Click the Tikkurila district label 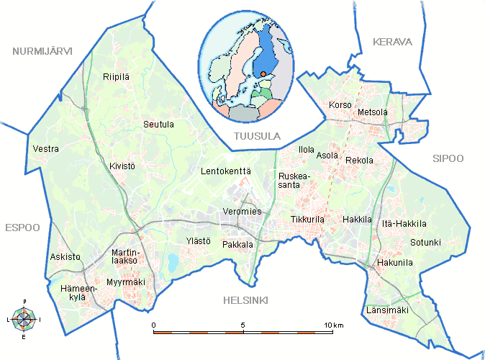pyautogui.click(x=309, y=219)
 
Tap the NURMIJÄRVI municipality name pyautogui.click(x=42, y=50)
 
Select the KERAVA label pyautogui.click(x=392, y=42)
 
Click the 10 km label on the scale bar pyautogui.click(x=333, y=326)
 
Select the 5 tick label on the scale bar pyautogui.click(x=243, y=326)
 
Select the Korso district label pyautogui.click(x=340, y=106)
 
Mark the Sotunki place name pyautogui.click(x=425, y=242)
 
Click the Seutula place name pyautogui.click(x=158, y=124)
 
